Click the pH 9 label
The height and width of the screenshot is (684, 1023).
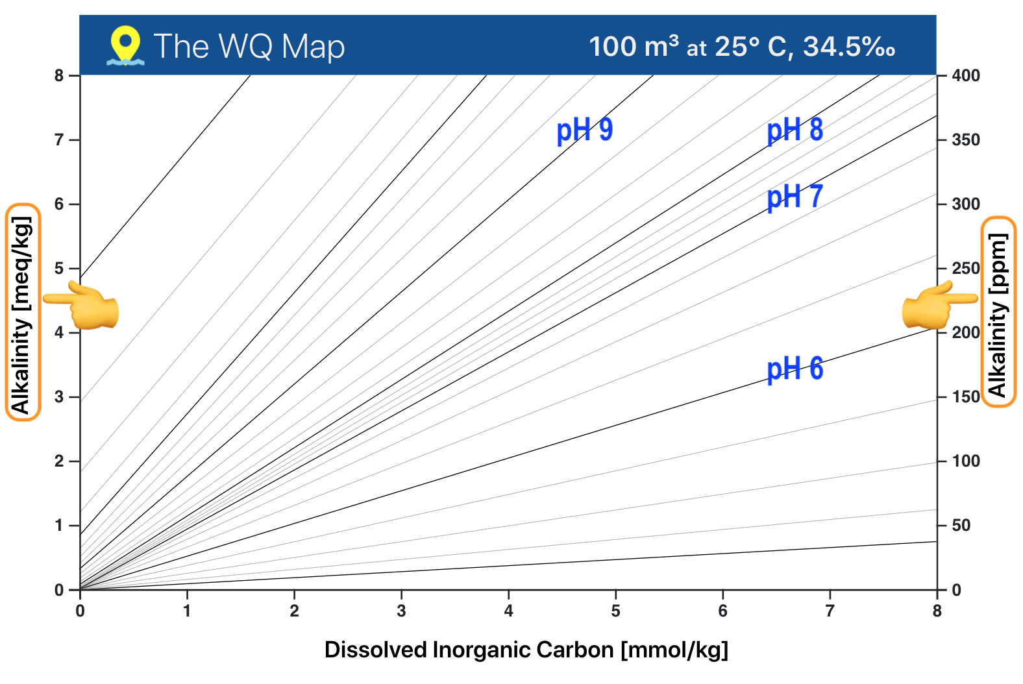click(584, 130)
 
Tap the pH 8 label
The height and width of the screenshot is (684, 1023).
click(795, 130)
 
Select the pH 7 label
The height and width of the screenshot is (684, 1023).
click(795, 196)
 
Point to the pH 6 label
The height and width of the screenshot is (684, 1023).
click(795, 369)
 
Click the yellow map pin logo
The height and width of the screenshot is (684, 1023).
click(125, 45)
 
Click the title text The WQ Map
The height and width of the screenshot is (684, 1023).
click(249, 47)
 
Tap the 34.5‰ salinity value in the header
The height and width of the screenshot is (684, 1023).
click(849, 47)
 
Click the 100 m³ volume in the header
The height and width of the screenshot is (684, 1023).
click(634, 47)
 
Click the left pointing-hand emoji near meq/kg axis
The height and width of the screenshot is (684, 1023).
click(83, 305)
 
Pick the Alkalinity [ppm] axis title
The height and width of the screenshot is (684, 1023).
click(998, 312)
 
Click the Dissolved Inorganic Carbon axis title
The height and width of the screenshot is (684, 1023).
click(526, 650)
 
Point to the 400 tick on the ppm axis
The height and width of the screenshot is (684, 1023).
click(965, 76)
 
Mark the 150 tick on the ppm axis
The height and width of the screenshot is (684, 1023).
click(965, 397)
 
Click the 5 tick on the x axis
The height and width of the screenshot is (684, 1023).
click(615, 611)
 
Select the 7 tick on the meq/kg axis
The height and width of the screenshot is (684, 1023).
click(59, 140)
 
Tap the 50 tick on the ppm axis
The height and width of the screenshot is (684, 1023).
click(961, 526)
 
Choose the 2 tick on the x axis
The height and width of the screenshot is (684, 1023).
click(294, 611)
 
